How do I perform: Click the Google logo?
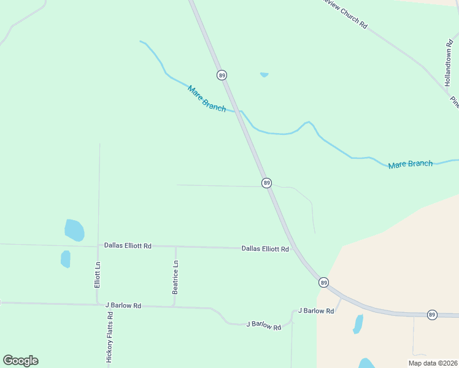pos(20,361)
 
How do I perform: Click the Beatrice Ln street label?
pos(175,277)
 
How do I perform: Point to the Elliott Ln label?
pos(97,276)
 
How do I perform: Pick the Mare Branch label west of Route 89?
pos(207,98)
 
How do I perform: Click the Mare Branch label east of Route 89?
pos(411,164)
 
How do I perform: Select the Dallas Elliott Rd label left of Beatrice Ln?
pos(128,246)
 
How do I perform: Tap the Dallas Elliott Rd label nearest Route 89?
pos(265,249)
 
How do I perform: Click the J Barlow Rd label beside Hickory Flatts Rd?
pos(123,305)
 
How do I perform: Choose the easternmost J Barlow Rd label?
pos(316,311)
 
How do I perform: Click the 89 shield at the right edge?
pos(432,315)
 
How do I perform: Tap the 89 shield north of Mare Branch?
pos(222,75)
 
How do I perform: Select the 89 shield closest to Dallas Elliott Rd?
pos(323,282)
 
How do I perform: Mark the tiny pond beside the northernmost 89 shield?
pos(264,75)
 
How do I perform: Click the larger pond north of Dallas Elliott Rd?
pos(74,230)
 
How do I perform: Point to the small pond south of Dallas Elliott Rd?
pos(66,259)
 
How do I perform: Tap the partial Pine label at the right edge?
pos(455,102)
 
